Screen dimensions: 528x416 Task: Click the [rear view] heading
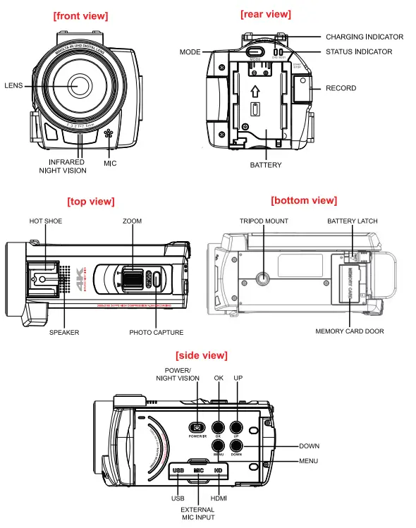point(265,14)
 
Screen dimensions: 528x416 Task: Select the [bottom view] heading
point(304,201)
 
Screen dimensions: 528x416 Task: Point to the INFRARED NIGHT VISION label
point(63,166)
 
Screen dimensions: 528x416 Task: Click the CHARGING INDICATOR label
point(364,37)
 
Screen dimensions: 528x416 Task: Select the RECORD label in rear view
point(341,88)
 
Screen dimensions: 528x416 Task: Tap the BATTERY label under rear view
point(266,165)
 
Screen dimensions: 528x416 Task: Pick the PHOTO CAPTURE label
point(157,332)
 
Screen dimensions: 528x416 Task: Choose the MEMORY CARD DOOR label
point(350,331)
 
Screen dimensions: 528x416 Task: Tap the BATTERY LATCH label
point(352,221)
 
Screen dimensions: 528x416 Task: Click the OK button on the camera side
point(219,427)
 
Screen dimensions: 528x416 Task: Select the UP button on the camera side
point(236,427)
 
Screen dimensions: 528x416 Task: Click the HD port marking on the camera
point(219,469)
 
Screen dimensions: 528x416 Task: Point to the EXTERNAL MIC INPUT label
point(197,512)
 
